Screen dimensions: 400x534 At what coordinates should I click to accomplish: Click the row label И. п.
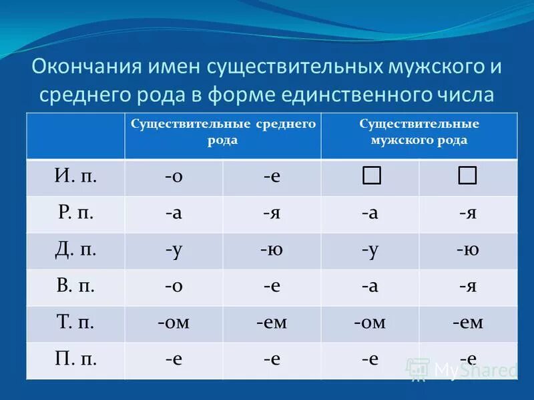pyautogui.click(x=75, y=177)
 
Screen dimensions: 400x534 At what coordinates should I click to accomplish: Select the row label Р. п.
pyautogui.click(x=75, y=213)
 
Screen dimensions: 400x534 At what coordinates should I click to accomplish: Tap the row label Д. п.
pyautogui.click(x=75, y=250)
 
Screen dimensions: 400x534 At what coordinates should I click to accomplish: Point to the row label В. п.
pyautogui.click(x=75, y=287)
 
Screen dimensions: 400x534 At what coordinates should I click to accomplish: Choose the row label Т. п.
pyautogui.click(x=75, y=323)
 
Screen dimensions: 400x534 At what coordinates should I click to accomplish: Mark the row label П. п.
pyautogui.click(x=75, y=359)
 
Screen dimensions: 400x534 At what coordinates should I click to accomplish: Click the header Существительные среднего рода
pyautogui.click(x=222, y=132)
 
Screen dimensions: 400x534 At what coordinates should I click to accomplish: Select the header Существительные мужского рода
pyautogui.click(x=419, y=132)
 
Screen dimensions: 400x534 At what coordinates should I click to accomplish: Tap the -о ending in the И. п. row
pyautogui.click(x=174, y=177)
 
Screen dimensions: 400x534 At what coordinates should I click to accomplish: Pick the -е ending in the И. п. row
pyautogui.click(x=271, y=177)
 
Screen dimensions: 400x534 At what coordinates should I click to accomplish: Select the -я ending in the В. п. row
pyautogui.click(x=467, y=287)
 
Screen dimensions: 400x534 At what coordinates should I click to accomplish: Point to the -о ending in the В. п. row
pyautogui.click(x=174, y=287)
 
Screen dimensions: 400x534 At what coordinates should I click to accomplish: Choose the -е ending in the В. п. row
pyautogui.click(x=271, y=287)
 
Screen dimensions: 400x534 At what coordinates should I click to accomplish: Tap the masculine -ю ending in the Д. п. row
pyautogui.click(x=467, y=250)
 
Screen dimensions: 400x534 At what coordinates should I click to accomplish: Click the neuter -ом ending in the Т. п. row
pyautogui.click(x=174, y=323)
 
